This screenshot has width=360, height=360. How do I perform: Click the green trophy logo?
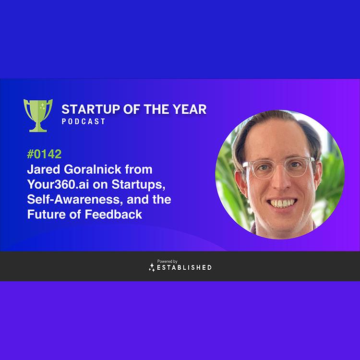pos(38,116)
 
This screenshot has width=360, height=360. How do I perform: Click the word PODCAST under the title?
pos(84,121)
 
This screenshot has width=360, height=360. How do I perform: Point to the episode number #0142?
pos(44,154)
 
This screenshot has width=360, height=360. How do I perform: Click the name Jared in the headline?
pos(44,169)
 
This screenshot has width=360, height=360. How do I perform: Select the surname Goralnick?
pos(93,169)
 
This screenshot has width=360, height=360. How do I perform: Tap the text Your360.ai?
pos(58,184)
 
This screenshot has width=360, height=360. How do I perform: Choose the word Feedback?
pos(113,214)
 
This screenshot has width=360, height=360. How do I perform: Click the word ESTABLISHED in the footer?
pos(184,267)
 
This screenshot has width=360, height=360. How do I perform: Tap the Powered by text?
pos(167,261)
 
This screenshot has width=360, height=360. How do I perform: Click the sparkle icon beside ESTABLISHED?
pos(152,267)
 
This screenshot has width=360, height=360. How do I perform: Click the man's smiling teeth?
pos(282,203)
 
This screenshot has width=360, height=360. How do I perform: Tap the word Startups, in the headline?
pos(138,184)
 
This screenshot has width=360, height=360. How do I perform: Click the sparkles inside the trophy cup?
pos(43,106)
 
